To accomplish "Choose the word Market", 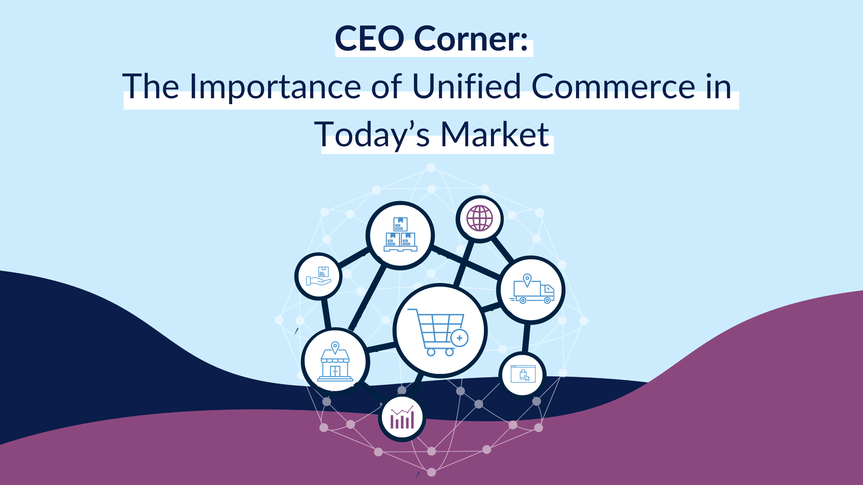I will coord(494,135).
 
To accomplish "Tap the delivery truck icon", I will coord(532,290).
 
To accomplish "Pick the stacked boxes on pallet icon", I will coord(400,235).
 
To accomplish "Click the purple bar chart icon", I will coord(402,418).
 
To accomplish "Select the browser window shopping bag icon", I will coord(523,374).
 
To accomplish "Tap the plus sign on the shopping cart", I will coord(459,338).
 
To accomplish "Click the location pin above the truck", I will coord(527,280).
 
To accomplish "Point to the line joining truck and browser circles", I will coord(526,338).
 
